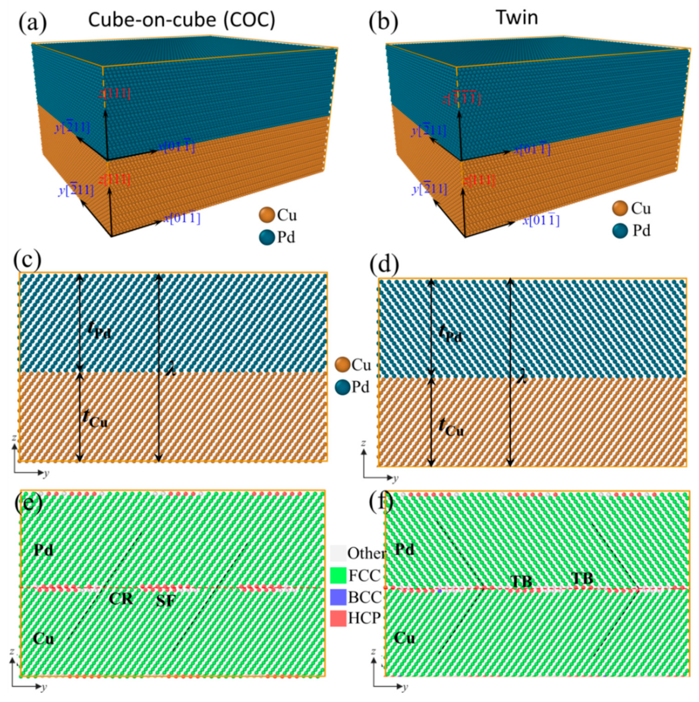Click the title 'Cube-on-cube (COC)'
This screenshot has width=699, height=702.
(182, 20)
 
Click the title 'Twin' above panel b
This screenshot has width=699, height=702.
(517, 18)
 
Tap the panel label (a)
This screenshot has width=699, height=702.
(32, 23)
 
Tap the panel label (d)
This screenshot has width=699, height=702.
(384, 265)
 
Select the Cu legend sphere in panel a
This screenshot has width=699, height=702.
(267, 215)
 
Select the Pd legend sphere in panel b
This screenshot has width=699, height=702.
(620, 231)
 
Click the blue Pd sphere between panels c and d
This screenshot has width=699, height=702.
(342, 387)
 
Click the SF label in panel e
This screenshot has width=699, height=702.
(165, 601)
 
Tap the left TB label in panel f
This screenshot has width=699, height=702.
(521, 581)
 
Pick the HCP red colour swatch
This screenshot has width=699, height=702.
(338, 618)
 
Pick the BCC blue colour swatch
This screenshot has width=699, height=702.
(338, 597)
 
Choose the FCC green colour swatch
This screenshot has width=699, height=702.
(338, 575)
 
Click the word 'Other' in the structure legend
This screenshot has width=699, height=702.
(366, 553)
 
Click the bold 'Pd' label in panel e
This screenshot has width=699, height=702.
(43, 549)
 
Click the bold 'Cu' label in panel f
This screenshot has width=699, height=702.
(404, 637)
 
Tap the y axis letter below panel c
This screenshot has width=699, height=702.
(46, 473)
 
